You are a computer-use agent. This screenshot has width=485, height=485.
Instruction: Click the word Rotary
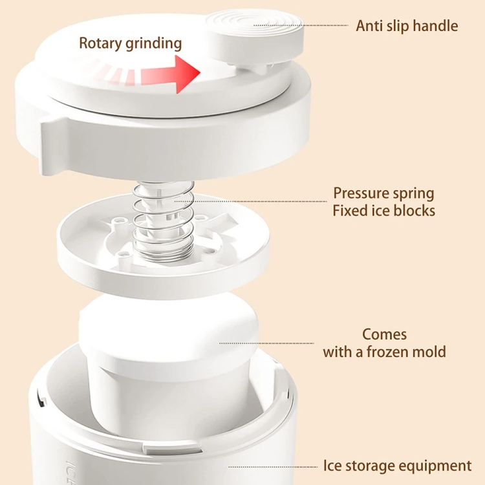point(100,43)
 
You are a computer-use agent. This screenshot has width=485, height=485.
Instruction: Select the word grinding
point(154,43)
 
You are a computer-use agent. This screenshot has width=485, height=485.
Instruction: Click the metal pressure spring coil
point(164,217)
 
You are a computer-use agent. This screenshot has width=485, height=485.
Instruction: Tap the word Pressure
point(361,193)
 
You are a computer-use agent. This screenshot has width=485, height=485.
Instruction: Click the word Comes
point(385,334)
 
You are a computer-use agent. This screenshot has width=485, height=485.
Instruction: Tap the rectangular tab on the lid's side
point(54,145)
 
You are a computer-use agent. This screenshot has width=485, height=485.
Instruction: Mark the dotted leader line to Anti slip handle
point(301,25)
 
